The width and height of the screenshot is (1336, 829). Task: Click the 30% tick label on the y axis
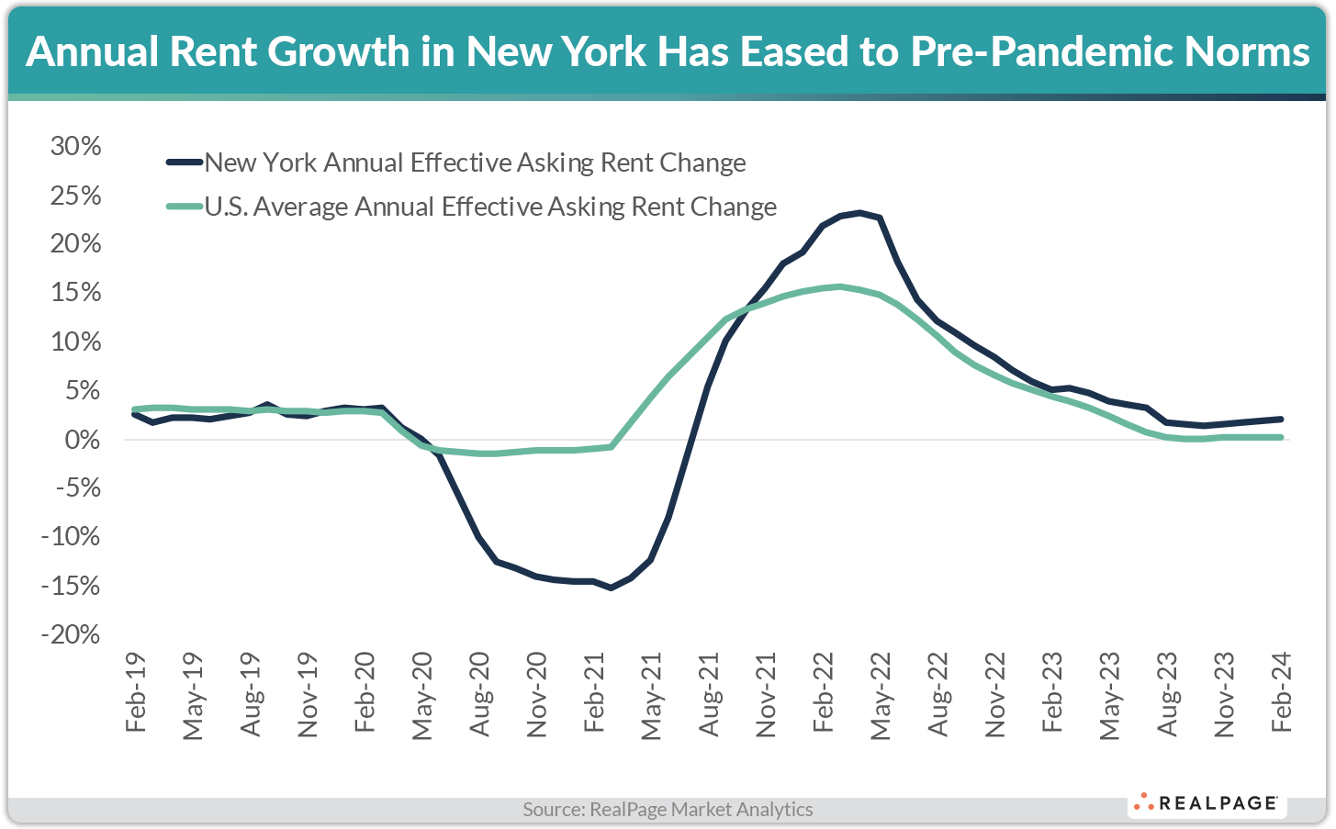76,146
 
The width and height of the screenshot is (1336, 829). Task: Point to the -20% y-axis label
70,634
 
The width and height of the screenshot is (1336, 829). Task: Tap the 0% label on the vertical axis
83,440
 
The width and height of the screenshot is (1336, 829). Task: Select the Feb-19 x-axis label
136,693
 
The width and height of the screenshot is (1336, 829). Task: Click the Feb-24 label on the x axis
1281,693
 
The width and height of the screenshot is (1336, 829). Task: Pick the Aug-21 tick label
708,693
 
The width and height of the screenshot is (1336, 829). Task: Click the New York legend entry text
475,163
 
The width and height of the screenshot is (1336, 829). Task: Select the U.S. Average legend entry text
490,207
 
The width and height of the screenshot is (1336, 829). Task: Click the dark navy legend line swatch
184,162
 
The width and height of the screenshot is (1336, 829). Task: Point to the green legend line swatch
184,207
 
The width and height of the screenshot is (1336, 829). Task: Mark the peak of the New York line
859,213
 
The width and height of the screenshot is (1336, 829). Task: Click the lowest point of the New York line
612,588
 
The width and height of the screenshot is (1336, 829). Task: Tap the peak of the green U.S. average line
839,286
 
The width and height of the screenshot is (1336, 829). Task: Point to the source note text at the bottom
668,810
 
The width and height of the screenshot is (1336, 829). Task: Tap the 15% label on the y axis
76,293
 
